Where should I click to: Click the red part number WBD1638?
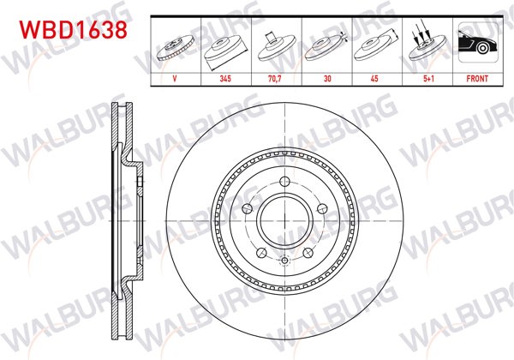point(73,30)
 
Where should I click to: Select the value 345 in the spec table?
point(225,79)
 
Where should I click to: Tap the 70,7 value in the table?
point(275,79)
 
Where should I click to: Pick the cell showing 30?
point(327,79)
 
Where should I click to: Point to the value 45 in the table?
point(374,79)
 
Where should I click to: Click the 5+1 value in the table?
point(428,79)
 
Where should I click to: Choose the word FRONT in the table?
point(477,79)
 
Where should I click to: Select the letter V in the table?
point(175,79)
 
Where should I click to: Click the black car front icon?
point(478,42)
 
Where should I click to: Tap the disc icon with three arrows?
point(427,41)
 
